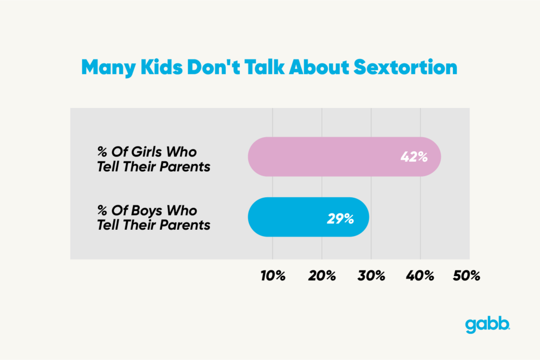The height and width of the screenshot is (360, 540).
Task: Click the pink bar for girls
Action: click(x=327, y=157)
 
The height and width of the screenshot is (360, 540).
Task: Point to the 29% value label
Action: click(x=340, y=218)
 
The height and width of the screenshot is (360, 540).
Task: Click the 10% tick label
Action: click(x=273, y=276)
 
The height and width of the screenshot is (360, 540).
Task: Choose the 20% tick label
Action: click(x=322, y=276)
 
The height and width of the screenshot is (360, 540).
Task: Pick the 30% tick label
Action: click(x=371, y=276)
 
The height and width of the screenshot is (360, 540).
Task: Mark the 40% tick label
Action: click(x=420, y=276)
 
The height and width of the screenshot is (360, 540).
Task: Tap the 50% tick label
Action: click(x=467, y=276)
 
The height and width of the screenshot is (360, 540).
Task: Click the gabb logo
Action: click(x=487, y=325)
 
